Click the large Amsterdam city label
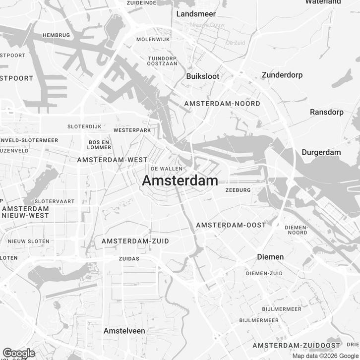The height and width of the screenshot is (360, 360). tap(180, 181)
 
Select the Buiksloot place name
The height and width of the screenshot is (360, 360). tap(202, 76)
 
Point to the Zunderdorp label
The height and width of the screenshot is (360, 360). tap(282, 75)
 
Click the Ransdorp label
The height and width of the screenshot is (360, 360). tap(327, 112)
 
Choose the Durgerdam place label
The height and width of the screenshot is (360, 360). tap(321, 152)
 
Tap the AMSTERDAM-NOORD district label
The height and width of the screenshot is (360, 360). tap(222, 104)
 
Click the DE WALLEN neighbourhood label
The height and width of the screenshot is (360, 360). tap(164, 169)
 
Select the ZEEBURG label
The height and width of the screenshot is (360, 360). tap(238, 190)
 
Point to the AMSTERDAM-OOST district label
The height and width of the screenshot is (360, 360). tap(231, 225)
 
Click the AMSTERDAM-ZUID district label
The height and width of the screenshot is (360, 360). tap(135, 241)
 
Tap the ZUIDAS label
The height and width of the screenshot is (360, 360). tap(129, 259)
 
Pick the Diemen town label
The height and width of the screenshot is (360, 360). tap(270, 257)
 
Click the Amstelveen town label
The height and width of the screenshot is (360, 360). tap(124, 330)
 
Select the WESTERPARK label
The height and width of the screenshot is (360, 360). tap(132, 130)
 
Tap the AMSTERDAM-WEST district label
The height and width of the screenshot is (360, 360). tap(113, 160)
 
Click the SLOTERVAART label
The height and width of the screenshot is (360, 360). tap(55, 201)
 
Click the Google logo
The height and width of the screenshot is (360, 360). tap(18, 353)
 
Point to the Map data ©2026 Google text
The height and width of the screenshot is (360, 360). tap(325, 356)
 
